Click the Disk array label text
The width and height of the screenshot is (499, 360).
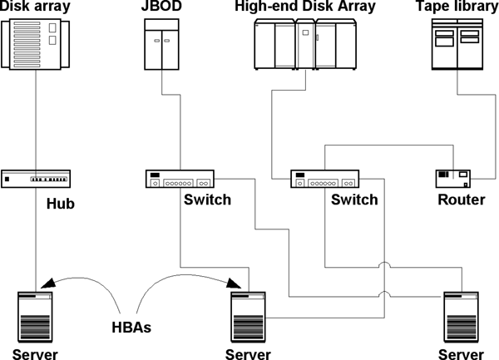37,7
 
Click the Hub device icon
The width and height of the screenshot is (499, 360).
37,178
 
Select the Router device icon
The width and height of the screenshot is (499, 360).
453,178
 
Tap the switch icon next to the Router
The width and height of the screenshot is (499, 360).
325,179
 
